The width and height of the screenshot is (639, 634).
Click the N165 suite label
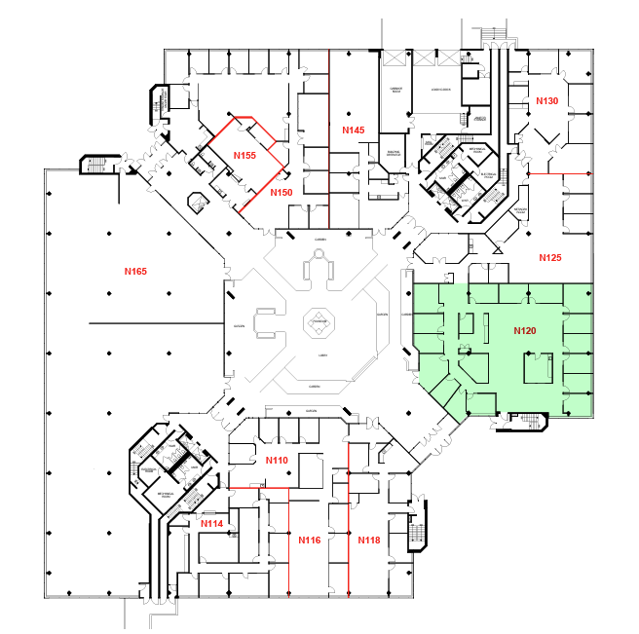pyautogui.click(x=134, y=270)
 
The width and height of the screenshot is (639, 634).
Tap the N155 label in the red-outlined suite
pyautogui.click(x=244, y=155)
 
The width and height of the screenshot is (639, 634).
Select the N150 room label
pyautogui.click(x=281, y=193)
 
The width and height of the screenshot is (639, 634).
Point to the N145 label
pyautogui.click(x=353, y=131)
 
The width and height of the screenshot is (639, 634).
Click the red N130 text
pyautogui.click(x=546, y=101)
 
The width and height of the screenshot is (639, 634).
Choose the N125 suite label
pyautogui.click(x=550, y=258)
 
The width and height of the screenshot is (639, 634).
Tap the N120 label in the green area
pyautogui.click(x=525, y=331)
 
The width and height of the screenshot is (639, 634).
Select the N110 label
pyautogui.click(x=277, y=460)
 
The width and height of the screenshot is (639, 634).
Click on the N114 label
pyautogui.click(x=211, y=524)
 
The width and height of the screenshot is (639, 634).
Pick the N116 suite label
pyautogui.click(x=310, y=540)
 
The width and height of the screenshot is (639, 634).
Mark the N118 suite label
pyautogui.click(x=368, y=540)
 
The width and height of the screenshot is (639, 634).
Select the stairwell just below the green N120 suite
pyautogui.click(x=528, y=422)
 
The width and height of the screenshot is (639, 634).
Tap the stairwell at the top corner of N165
pyautogui.click(x=94, y=163)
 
